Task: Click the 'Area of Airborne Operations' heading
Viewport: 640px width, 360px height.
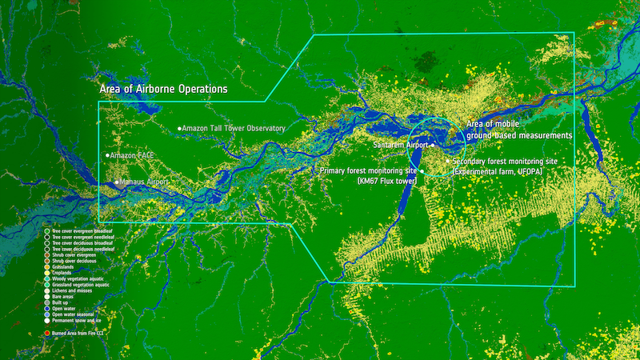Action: click(x=163, y=88)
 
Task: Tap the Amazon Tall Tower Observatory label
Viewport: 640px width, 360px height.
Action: click(x=234, y=128)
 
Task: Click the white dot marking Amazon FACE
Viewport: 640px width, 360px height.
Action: click(x=107, y=155)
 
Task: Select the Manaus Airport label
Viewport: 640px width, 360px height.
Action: click(x=145, y=182)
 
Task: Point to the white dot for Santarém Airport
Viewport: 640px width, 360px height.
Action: click(x=432, y=146)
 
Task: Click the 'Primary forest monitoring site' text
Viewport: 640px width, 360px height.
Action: click(x=367, y=171)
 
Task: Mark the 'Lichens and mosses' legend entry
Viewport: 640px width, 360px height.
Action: click(x=73, y=290)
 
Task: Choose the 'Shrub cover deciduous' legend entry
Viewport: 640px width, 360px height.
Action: click(x=74, y=260)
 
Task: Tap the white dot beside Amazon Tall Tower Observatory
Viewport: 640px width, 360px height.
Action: click(x=179, y=128)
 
